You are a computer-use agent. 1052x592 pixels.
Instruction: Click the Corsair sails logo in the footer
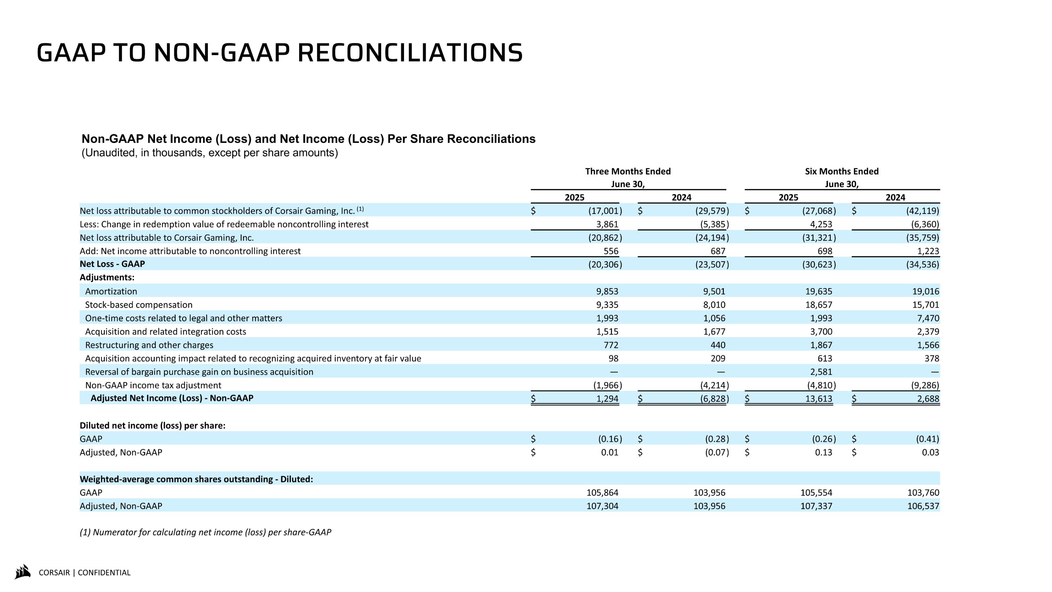23,572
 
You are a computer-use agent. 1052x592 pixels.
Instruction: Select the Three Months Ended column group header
628,172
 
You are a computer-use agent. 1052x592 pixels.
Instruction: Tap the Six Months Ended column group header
841,172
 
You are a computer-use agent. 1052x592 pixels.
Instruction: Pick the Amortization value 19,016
925,291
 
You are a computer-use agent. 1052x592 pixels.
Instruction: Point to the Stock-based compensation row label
139,305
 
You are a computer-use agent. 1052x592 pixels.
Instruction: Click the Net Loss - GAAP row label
112,264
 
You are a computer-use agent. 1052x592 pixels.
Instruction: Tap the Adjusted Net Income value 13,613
818,399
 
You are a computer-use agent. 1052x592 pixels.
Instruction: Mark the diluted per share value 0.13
823,452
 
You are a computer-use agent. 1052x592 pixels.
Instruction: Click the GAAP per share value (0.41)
927,439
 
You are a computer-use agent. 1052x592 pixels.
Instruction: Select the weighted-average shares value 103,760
923,493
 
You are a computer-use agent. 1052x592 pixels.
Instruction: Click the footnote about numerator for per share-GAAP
205,532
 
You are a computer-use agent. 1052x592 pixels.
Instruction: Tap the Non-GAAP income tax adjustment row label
153,385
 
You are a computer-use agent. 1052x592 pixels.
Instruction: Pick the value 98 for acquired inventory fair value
613,359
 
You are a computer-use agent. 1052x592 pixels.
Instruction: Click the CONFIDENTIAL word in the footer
104,573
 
